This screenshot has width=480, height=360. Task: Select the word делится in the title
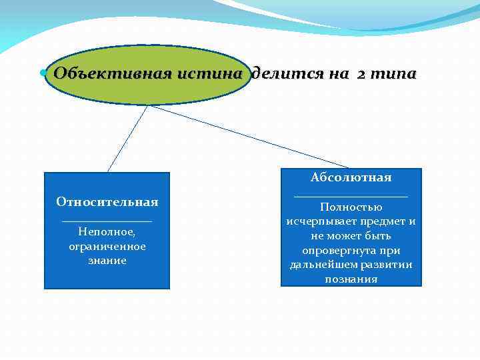282,74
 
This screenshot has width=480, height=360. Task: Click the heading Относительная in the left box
107,202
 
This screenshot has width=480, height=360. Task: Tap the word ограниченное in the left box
107,247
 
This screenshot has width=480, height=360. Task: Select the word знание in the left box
107,261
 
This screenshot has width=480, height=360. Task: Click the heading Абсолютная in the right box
351,178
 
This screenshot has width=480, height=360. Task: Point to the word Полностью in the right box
351,207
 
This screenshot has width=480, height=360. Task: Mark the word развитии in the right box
387,265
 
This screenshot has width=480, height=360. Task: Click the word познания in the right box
351,279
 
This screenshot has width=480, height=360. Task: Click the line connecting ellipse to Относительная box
127,139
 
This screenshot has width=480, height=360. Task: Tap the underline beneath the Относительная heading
107,221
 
